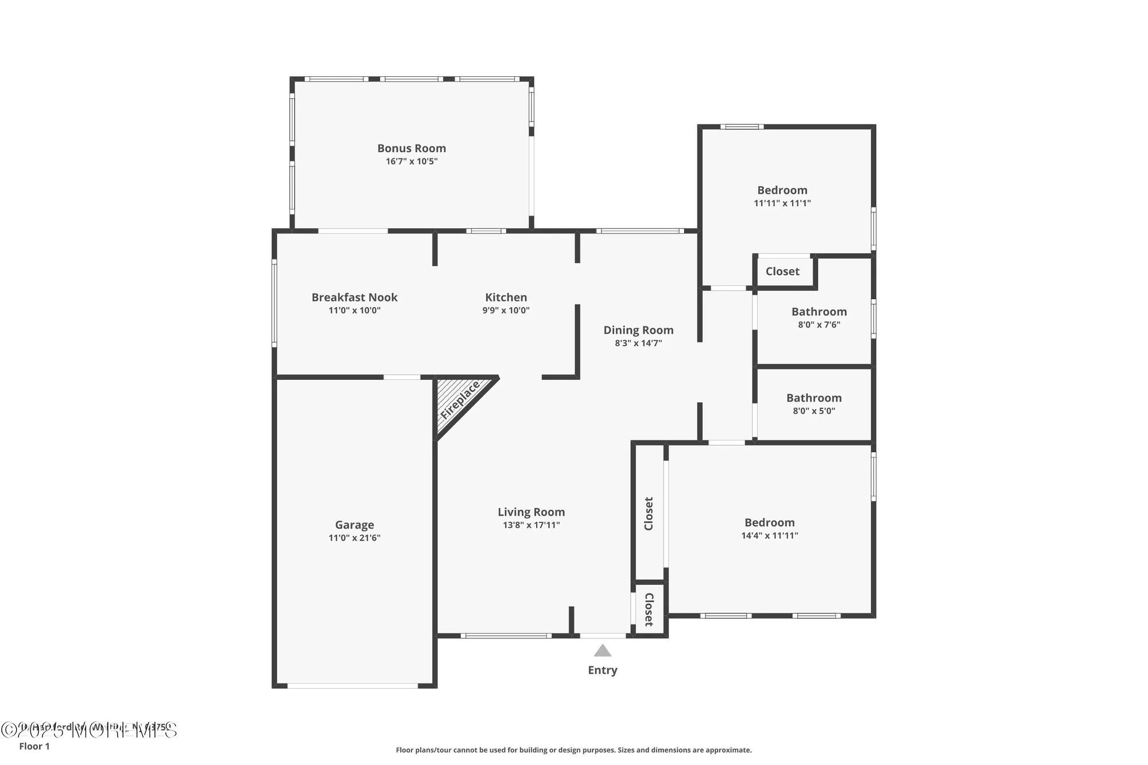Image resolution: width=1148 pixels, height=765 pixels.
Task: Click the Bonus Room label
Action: click(412, 148)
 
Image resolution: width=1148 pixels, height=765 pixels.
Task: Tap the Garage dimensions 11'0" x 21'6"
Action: click(354, 538)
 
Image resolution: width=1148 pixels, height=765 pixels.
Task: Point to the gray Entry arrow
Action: click(602, 651)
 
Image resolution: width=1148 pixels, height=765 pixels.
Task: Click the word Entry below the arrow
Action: click(602, 670)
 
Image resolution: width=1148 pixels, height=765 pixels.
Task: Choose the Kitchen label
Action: click(506, 297)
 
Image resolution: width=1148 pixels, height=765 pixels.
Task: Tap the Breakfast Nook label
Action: click(354, 297)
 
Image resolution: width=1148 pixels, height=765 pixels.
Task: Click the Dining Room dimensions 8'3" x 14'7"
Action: click(638, 343)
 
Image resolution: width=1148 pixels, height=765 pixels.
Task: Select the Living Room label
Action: click(531, 512)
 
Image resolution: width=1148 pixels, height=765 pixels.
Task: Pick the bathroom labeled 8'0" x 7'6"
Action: click(819, 317)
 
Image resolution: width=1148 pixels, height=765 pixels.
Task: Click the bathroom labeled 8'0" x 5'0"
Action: click(814, 403)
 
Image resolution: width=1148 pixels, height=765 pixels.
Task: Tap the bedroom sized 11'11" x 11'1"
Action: click(782, 196)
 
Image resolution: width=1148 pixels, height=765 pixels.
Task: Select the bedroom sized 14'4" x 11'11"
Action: click(769, 528)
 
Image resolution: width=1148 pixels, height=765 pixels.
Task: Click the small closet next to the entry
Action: click(649, 609)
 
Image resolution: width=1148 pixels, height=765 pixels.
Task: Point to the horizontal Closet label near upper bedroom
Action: click(782, 271)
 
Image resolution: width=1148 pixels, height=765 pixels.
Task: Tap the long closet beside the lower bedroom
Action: click(649, 513)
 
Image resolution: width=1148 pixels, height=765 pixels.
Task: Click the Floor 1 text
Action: click(34, 746)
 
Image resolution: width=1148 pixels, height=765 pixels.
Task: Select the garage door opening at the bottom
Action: click(352, 685)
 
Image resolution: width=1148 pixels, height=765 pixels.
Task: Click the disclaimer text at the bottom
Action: click(573, 750)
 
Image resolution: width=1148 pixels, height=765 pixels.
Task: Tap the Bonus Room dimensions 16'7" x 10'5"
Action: click(412, 161)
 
